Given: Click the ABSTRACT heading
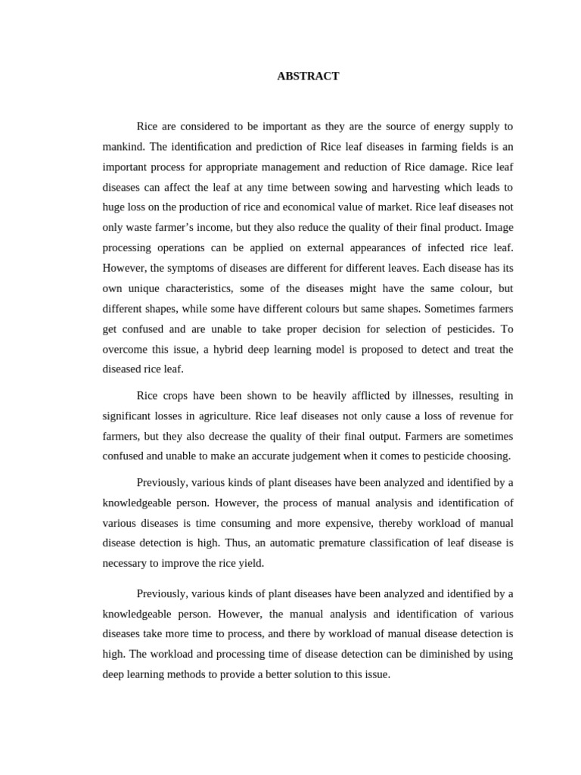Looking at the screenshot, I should pyautogui.click(x=308, y=76).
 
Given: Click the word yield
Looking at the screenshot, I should pyautogui.click(x=249, y=563).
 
